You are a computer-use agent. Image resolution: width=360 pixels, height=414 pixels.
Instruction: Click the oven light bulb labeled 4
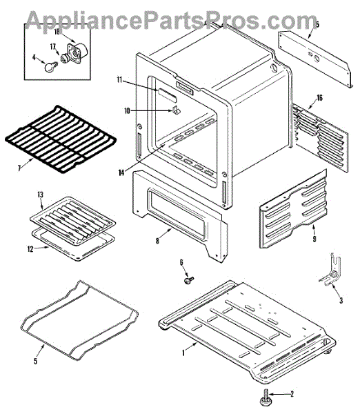tap(50, 67)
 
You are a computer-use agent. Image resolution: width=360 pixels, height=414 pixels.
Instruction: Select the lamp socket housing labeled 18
tap(77, 52)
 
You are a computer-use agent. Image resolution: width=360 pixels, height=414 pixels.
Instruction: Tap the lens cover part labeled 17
tap(64, 59)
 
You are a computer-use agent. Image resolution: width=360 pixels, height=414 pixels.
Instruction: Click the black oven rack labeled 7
tap(61, 139)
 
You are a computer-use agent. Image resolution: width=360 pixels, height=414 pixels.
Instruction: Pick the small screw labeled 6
tap(189, 280)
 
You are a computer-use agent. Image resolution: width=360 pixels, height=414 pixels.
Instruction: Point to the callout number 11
tap(120, 79)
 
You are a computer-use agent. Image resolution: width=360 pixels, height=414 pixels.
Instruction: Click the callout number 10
tap(127, 110)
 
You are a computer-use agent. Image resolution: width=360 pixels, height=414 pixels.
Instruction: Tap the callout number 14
tap(121, 172)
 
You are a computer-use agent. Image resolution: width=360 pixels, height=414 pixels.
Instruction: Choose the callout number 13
tap(40, 195)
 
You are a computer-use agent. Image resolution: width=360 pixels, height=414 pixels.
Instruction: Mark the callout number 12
tap(30, 248)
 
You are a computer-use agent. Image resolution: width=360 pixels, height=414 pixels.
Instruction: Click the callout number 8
tap(157, 241)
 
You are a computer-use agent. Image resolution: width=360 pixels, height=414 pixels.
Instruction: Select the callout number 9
tap(314, 239)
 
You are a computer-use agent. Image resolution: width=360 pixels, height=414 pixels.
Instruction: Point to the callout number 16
tap(319, 98)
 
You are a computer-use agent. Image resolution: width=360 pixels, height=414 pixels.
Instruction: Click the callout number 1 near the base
tap(183, 353)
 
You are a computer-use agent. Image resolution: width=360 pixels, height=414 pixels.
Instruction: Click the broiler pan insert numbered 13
tap(72, 221)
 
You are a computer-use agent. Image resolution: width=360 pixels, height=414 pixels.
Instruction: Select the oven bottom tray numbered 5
tap(79, 320)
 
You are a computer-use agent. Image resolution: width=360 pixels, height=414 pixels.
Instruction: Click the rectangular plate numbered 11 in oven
tap(166, 95)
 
